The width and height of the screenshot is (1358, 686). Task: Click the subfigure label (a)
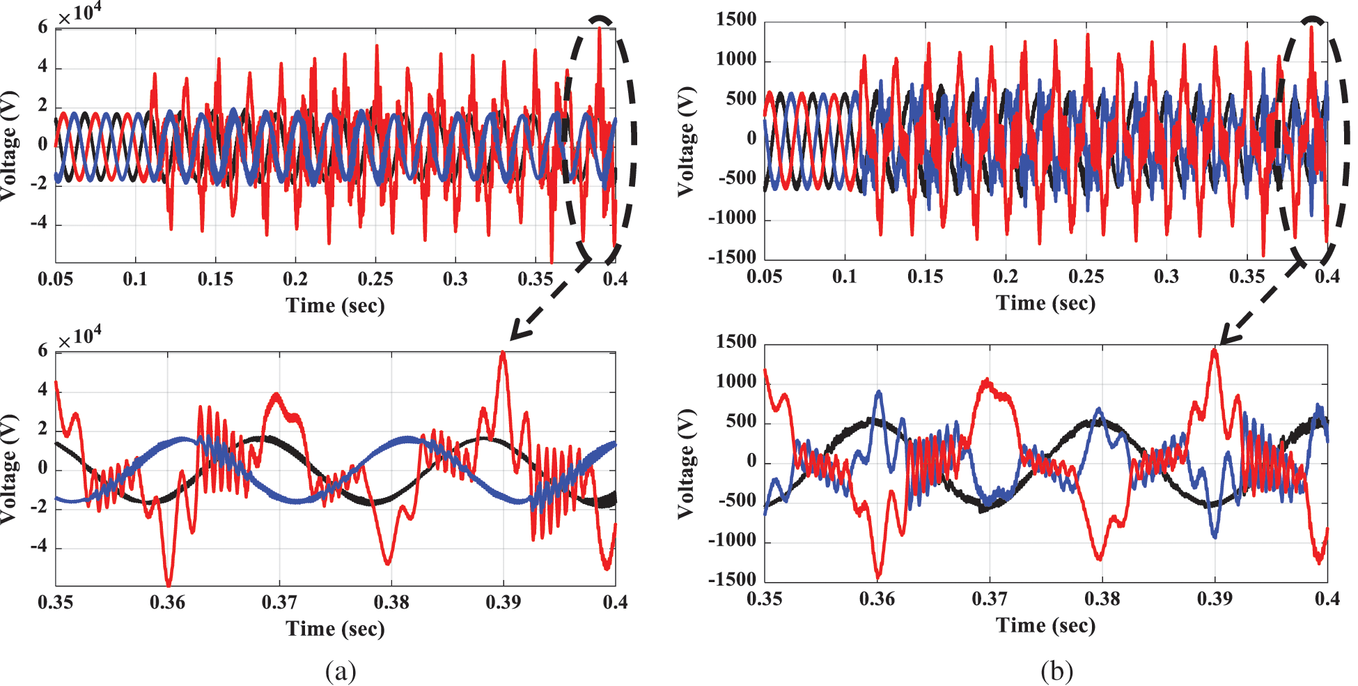click(x=341, y=671)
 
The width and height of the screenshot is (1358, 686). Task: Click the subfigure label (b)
click(x=1056, y=671)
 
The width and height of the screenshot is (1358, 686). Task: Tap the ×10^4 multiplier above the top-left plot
click(x=79, y=13)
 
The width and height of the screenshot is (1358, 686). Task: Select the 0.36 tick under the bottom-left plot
click(x=167, y=602)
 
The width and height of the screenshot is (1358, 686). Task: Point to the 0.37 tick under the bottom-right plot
click(x=990, y=599)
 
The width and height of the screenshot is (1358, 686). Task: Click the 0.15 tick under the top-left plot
click(x=215, y=280)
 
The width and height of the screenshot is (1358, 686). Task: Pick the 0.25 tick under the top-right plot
click(x=1086, y=277)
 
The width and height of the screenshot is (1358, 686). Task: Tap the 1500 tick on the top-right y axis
click(x=736, y=20)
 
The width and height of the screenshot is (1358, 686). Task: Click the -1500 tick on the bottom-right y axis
click(x=732, y=579)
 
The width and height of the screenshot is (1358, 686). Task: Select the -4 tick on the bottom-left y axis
click(x=39, y=547)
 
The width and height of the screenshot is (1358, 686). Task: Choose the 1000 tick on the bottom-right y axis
click(x=736, y=381)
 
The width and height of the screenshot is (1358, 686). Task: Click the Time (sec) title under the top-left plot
click(x=335, y=305)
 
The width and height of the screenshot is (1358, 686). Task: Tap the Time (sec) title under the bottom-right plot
click(x=1045, y=625)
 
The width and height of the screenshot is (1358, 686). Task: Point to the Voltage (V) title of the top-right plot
click(x=687, y=142)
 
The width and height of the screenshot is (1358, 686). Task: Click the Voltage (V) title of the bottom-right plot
click(x=687, y=464)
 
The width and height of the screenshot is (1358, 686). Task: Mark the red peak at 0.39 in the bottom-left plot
click(x=503, y=353)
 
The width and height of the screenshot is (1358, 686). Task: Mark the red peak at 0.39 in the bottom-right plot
click(x=1215, y=351)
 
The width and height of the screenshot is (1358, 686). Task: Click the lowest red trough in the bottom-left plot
click(x=168, y=584)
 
